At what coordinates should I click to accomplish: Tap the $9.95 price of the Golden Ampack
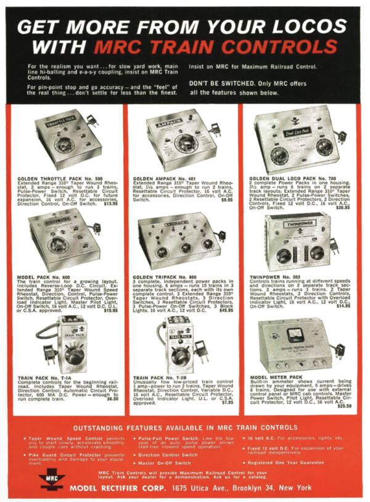coord(227,199)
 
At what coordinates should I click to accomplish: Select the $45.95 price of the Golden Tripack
coord(226,309)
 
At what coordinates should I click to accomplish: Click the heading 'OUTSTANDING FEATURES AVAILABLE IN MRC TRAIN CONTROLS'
coord(185,427)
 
